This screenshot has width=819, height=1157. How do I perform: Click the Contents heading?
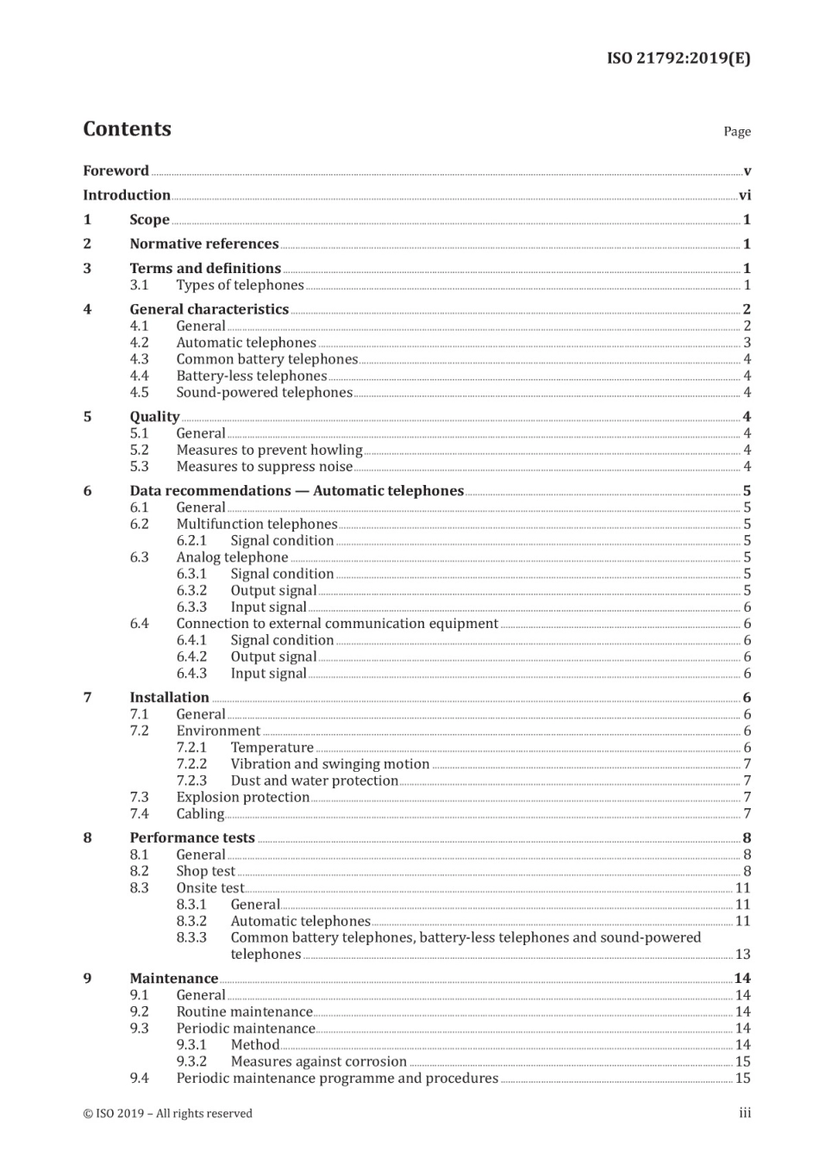[x=127, y=129]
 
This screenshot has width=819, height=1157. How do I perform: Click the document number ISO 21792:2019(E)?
[x=678, y=59]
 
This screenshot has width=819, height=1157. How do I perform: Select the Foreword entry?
[x=116, y=171]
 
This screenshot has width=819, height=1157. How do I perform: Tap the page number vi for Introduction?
[x=745, y=196]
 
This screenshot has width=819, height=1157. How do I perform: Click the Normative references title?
[x=203, y=244]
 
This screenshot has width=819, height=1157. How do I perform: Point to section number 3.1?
[x=139, y=285]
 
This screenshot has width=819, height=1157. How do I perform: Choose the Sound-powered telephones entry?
[x=264, y=393]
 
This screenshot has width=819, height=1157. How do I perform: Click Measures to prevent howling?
[x=269, y=451]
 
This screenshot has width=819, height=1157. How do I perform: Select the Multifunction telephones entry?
[x=256, y=525]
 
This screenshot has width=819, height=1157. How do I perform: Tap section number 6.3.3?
[x=191, y=607]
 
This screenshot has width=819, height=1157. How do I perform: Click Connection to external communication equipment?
[x=337, y=624]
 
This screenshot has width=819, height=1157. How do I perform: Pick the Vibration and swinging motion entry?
[x=329, y=764]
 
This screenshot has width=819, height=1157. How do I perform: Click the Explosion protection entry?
[x=242, y=798]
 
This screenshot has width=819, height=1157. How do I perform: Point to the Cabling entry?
[x=200, y=814]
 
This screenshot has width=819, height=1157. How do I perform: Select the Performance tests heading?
[x=192, y=838]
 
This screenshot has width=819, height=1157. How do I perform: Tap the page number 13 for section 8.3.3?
[x=742, y=955]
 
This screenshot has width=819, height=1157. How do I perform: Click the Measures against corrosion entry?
[x=318, y=1062]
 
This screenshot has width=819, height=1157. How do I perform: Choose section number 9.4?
[x=139, y=1079]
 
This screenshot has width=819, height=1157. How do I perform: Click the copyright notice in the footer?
[x=167, y=1114]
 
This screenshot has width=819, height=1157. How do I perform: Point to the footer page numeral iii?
[x=745, y=1114]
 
